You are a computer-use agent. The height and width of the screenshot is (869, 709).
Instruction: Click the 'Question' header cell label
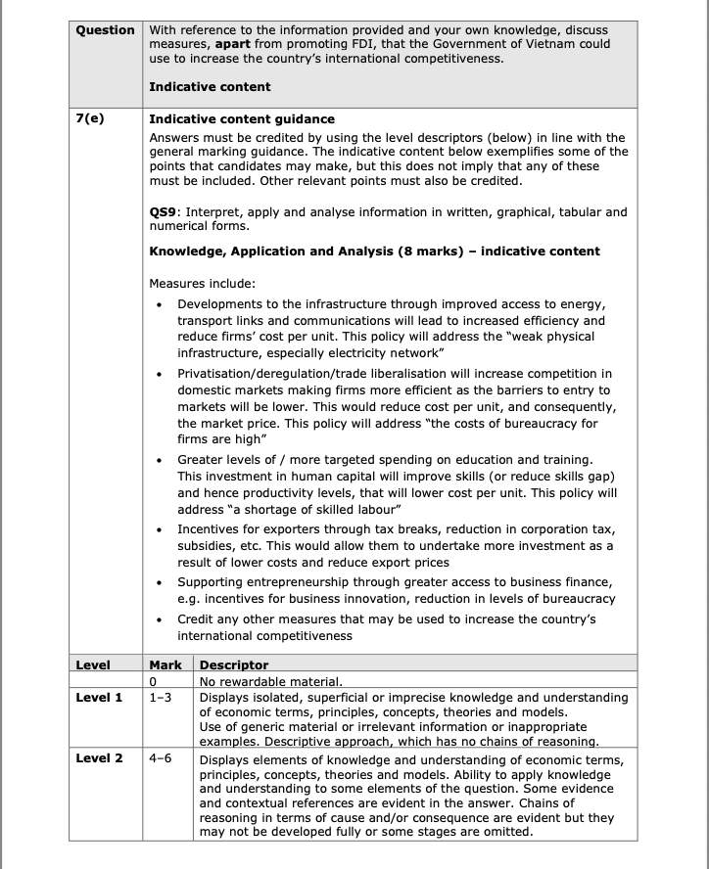pyautogui.click(x=106, y=30)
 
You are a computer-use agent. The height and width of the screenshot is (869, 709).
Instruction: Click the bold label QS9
pyautogui.click(x=165, y=212)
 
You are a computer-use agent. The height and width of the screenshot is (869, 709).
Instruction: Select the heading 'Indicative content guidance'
pyautogui.click(x=242, y=119)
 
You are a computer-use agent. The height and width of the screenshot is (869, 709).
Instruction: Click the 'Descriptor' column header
pyautogui.click(x=234, y=665)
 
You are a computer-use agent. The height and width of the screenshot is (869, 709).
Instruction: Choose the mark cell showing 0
pyautogui.click(x=154, y=681)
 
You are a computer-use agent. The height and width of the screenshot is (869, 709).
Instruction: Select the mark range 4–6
pyautogui.click(x=161, y=758)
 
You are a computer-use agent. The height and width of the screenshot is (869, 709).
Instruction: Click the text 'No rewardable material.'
pyautogui.click(x=270, y=681)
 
